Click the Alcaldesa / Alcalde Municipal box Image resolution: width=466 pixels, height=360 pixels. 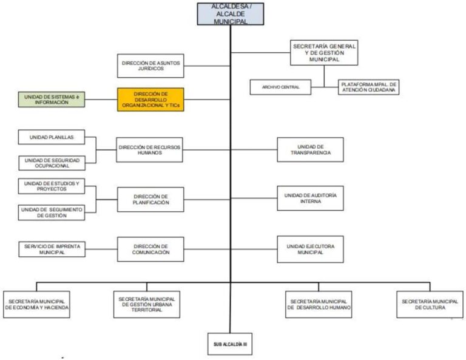[x=231, y=14]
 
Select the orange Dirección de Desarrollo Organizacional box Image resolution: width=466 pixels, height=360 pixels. [x=150, y=100]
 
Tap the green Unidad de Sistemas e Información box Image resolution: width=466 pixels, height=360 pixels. [x=52, y=100]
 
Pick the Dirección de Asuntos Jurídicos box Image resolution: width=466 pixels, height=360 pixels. [x=150, y=66]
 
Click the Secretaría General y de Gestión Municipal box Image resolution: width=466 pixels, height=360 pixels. [x=324, y=53]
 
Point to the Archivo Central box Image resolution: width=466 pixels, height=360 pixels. [x=280, y=87]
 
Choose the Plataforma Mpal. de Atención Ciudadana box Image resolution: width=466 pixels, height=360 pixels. [x=368, y=87]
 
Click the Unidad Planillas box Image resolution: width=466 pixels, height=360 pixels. [x=52, y=137]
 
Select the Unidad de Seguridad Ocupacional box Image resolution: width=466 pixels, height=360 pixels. [x=52, y=163]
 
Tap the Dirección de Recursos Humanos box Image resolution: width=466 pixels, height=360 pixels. [x=149, y=150]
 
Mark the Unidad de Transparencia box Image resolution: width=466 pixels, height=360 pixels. [x=310, y=149]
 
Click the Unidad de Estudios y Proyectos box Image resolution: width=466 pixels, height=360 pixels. [x=52, y=186]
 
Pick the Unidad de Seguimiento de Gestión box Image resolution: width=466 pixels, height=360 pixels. [x=52, y=212]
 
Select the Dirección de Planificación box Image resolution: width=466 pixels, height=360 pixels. [x=150, y=200]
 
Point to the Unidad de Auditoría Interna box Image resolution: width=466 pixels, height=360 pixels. [x=310, y=199]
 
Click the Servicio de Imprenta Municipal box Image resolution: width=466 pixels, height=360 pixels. [x=52, y=249]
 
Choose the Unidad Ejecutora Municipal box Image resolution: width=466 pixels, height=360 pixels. [x=310, y=249]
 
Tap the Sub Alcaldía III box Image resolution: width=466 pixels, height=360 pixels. [x=230, y=344]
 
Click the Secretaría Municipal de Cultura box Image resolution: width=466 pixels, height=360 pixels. [x=430, y=304]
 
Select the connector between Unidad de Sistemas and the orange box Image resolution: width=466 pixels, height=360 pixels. [x=101, y=100]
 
